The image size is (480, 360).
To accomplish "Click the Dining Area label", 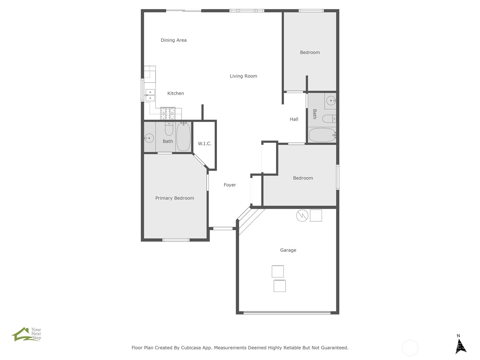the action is (x=174, y=40).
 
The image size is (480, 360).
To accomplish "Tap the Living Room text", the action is (x=243, y=76).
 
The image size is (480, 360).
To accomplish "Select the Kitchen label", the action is (x=175, y=93).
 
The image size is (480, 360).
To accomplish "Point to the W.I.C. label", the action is (x=205, y=144).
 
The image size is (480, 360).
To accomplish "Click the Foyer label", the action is (x=230, y=185).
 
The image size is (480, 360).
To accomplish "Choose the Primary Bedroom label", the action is (x=175, y=198).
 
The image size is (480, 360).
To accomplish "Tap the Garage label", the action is (x=288, y=250).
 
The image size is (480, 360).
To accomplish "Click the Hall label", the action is (x=294, y=119).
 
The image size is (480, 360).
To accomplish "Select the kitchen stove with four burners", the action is (x=168, y=113).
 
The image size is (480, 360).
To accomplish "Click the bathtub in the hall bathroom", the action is (x=322, y=135).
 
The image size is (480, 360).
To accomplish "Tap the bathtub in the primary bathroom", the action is (x=184, y=136).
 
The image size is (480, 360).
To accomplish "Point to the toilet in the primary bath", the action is (x=169, y=129).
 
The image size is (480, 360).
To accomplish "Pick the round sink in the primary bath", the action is (x=149, y=138).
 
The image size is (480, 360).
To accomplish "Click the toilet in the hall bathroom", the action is (x=329, y=119).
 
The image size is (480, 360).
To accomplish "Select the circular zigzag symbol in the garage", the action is (x=302, y=215).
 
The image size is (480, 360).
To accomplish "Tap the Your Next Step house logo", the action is (x=26, y=334).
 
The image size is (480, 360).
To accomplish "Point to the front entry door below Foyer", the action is (x=223, y=228).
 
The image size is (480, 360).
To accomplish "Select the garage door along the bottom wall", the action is (x=287, y=313).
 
